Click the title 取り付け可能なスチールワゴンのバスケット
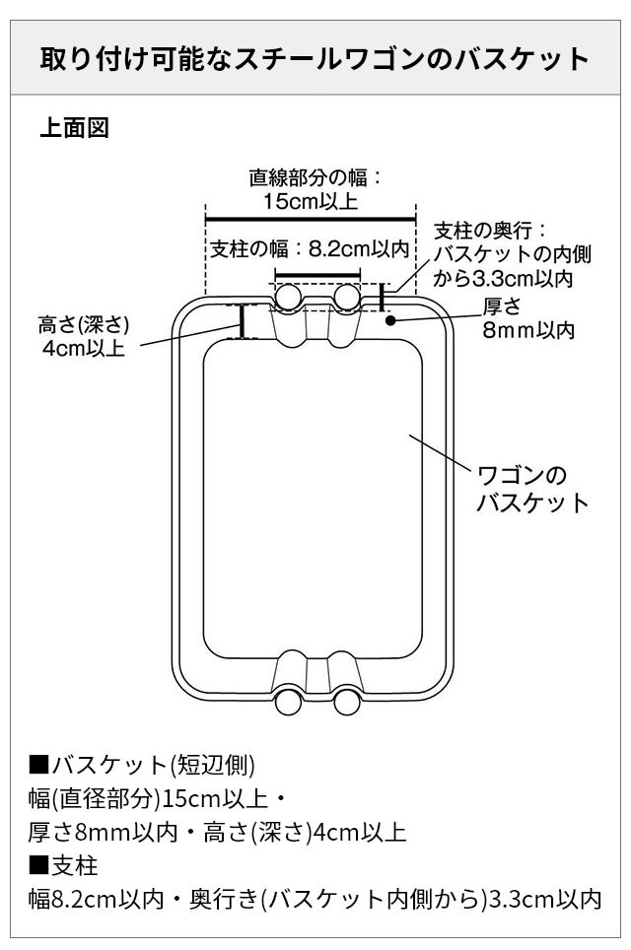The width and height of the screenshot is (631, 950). click(x=315, y=58)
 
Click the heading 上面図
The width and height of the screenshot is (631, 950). click(x=74, y=127)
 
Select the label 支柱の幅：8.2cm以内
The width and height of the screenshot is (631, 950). click(x=309, y=249)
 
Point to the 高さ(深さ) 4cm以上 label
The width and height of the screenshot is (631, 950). click(x=84, y=337)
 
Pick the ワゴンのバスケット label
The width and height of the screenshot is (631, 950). click(x=532, y=489)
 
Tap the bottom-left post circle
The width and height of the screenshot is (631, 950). click(x=288, y=701)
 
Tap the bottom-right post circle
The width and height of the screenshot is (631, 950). click(x=346, y=701)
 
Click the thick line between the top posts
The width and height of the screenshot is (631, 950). click(x=317, y=275)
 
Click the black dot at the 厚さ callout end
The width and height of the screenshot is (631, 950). click(x=390, y=319)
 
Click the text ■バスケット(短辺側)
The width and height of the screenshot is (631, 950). click(x=143, y=764)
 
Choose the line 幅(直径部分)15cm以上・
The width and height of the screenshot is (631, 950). click(x=159, y=797)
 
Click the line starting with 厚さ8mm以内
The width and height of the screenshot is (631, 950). click(x=218, y=832)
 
